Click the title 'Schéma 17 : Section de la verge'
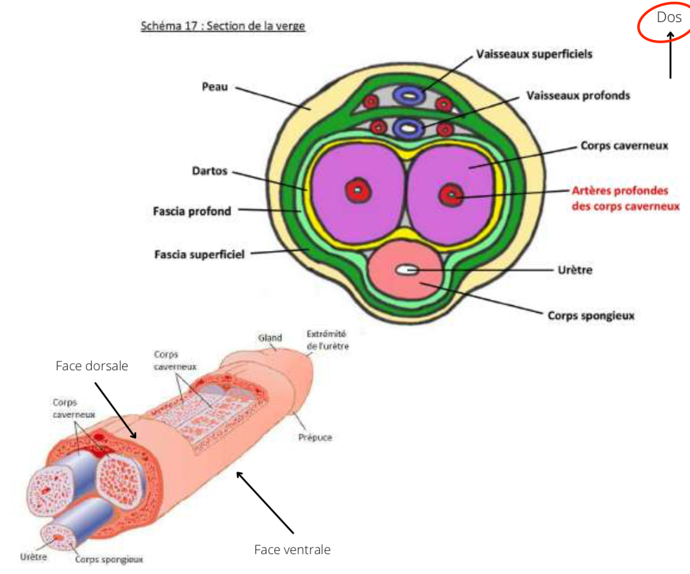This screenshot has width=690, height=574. click(222, 26)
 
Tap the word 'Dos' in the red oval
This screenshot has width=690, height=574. click(669, 17)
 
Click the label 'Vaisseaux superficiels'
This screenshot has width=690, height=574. click(534, 54)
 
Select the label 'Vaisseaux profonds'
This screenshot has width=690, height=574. click(578, 95)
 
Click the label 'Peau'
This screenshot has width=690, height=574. click(215, 87)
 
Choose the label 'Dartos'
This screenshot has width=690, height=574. click(211, 172)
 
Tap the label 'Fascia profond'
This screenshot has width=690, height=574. click(192, 211)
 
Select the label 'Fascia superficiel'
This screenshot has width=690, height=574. click(199, 254)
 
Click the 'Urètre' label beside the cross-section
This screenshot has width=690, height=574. click(575, 270)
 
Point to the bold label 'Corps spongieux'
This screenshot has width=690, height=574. click(591, 316)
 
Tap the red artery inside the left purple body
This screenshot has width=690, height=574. click(355, 190)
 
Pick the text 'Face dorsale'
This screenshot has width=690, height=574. click(92, 366)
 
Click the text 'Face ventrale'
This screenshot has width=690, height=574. click(292, 549)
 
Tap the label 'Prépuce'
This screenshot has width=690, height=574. click(316, 437)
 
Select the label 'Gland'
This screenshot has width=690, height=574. click(270, 337)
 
